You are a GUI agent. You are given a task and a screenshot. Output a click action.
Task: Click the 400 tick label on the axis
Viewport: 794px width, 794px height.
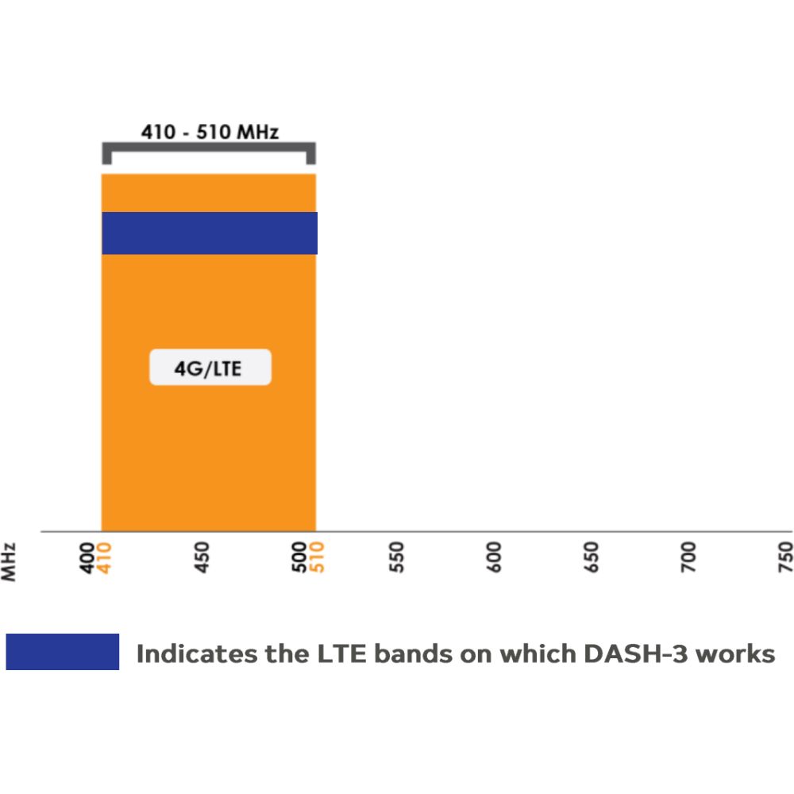[87, 557]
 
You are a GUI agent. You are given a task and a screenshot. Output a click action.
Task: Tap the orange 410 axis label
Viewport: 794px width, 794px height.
[104, 558]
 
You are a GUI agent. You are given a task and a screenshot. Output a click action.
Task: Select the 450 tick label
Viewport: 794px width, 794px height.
[202, 557]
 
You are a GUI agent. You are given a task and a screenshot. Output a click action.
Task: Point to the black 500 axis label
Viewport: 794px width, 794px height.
[299, 557]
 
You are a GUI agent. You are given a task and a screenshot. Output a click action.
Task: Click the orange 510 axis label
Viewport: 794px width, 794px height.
[316, 557]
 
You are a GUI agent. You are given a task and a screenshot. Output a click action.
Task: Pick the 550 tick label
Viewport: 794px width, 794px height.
[396, 557]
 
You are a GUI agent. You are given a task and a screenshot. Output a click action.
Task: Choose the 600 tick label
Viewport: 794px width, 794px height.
[494, 557]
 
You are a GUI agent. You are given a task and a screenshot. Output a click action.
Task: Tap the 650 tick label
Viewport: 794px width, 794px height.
[591, 557]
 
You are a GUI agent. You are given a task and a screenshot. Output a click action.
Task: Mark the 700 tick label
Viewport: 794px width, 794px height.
[688, 557]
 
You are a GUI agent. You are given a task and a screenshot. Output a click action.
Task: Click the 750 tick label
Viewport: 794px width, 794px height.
[785, 557]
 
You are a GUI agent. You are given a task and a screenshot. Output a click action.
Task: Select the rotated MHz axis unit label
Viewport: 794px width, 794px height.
[8, 562]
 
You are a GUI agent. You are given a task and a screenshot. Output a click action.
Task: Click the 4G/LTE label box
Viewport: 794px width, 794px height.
[210, 367]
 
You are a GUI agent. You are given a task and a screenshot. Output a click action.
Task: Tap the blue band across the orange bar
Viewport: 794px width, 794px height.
[210, 233]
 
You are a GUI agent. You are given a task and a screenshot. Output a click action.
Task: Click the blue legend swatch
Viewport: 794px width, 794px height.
[62, 652]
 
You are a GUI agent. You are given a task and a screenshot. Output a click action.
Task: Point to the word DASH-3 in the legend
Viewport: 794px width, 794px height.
[635, 653]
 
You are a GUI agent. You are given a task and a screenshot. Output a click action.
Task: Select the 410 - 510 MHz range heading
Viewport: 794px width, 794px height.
[210, 132]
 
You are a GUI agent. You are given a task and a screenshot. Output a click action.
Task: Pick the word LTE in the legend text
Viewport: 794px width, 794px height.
[341, 653]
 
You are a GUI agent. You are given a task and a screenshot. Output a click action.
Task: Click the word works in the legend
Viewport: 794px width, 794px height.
[735, 654]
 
